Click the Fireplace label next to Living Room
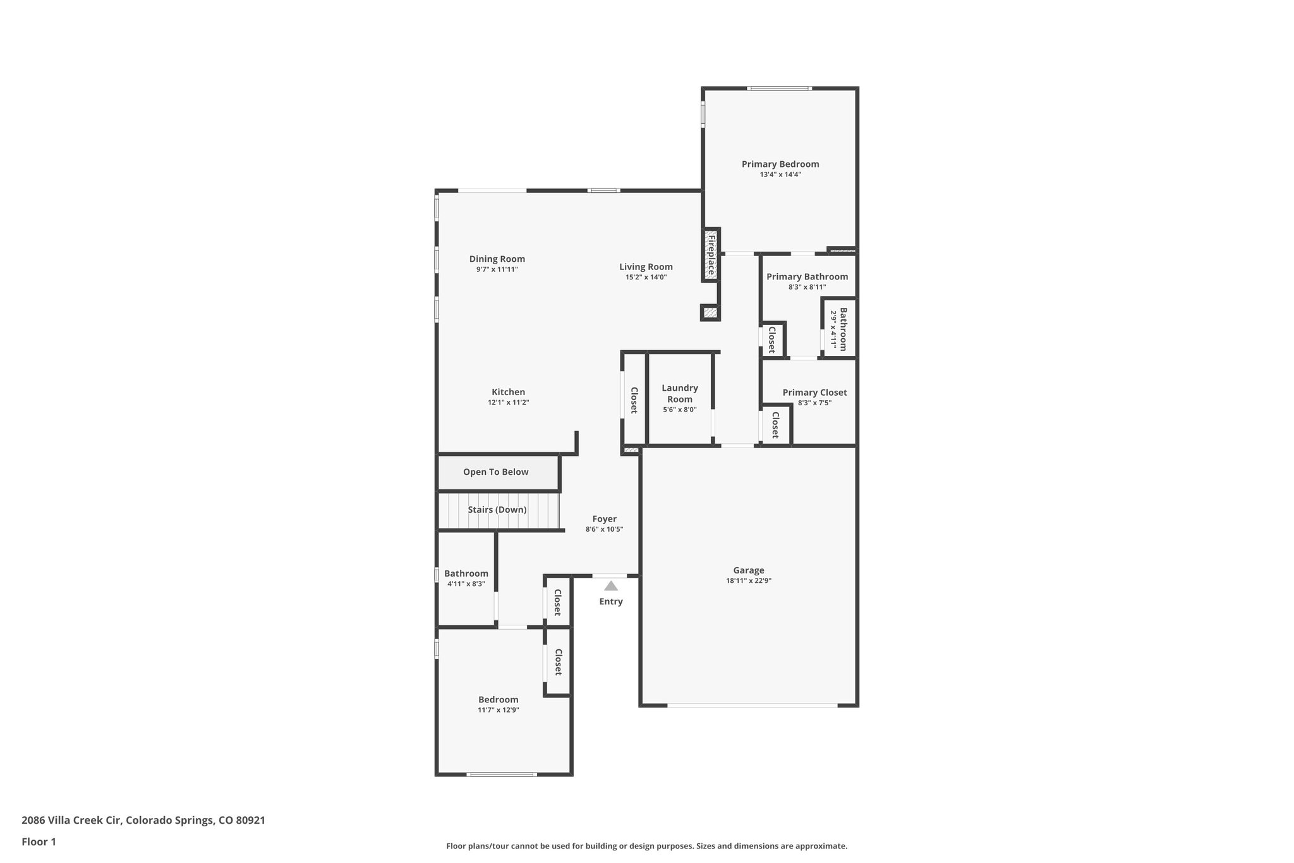[x=711, y=254]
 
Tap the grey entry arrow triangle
[x=610, y=586]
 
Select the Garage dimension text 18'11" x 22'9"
[x=749, y=580]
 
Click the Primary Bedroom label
[x=780, y=164]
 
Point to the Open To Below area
[x=496, y=472]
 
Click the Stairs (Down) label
[x=497, y=510]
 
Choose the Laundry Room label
[x=680, y=393]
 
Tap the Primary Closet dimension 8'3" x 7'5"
[x=814, y=403]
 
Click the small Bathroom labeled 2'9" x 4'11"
[x=838, y=329]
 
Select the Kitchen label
[x=509, y=392]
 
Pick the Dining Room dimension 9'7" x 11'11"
[x=497, y=269]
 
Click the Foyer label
[x=605, y=519]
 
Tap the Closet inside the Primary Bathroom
[x=772, y=340]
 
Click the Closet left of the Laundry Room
[x=634, y=400]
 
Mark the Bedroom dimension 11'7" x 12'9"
[x=499, y=710]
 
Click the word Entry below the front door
[x=611, y=601]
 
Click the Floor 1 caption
[x=39, y=842]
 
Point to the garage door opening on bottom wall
[x=752, y=705]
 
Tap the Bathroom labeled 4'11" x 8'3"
[x=466, y=573]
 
